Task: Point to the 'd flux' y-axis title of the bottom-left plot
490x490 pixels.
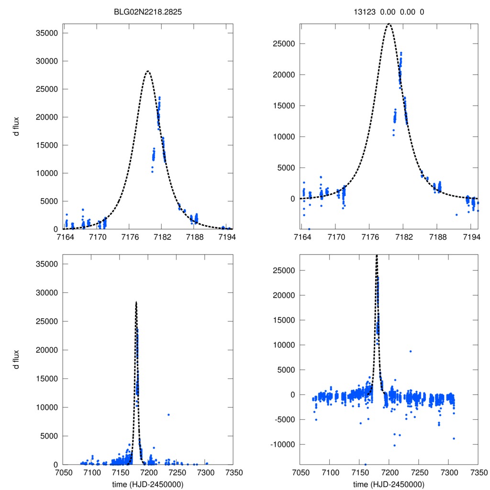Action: (17, 359)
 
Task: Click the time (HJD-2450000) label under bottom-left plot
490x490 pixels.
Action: (148, 484)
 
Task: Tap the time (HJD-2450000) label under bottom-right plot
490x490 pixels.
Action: (389, 484)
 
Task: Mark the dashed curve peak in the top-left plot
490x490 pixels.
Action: (147, 71)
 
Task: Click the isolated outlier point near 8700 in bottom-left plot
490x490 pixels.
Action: (168, 414)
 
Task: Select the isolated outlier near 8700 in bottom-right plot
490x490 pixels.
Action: (410, 351)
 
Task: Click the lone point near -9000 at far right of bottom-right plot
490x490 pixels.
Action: (453, 438)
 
